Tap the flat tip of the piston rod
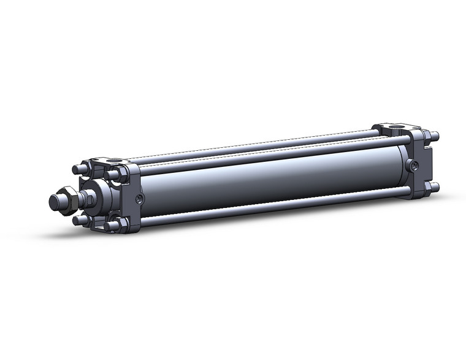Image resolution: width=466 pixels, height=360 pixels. (54, 201)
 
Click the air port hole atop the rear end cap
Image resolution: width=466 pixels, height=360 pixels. (393, 130)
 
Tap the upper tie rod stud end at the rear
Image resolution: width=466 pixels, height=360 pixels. (435, 136)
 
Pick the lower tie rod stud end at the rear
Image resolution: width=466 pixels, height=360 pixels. (435, 187)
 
